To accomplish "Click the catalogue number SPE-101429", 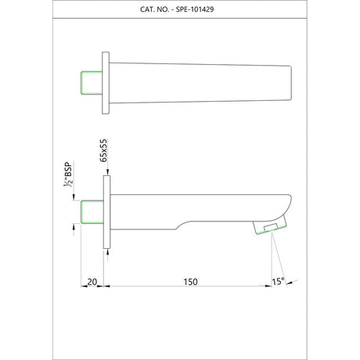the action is click(x=195, y=9).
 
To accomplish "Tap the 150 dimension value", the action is click(x=190, y=282).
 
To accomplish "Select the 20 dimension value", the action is click(x=92, y=282).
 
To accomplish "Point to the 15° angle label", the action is click(x=278, y=282).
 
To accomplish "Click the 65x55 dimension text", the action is click(x=104, y=150).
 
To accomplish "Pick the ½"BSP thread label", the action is click(x=68, y=175).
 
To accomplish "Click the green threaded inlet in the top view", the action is click(x=92, y=83).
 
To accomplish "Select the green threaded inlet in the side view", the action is click(x=92, y=212).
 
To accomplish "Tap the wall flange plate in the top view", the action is click(x=106, y=83).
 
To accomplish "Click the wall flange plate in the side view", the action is click(x=106, y=212).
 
